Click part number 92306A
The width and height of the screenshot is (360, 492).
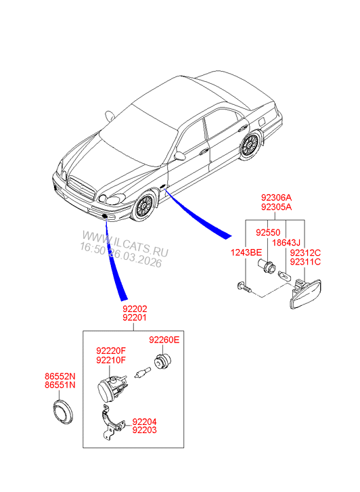[x=276, y=199]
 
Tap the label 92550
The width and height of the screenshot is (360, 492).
[x=267, y=232]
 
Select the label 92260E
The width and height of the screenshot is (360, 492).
[x=164, y=340]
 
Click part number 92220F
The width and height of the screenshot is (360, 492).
[x=111, y=351]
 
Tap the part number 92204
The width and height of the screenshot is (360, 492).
[x=145, y=420]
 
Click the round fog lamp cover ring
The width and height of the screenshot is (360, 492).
[x=64, y=412]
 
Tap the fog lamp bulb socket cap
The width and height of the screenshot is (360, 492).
[x=162, y=362]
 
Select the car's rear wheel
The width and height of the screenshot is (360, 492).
[x=250, y=145]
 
